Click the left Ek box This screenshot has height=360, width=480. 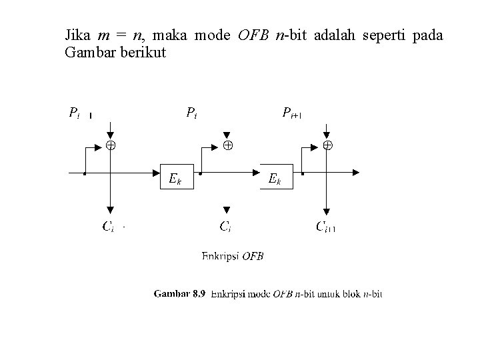(x=176, y=176)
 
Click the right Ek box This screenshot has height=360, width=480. (x=275, y=176)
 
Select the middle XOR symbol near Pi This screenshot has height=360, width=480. (x=227, y=145)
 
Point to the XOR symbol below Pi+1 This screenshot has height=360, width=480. (x=328, y=145)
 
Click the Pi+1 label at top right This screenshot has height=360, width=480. (x=292, y=112)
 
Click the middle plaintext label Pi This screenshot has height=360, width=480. (x=191, y=112)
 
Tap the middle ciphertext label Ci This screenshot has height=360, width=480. (x=225, y=227)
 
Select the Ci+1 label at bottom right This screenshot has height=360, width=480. (x=325, y=227)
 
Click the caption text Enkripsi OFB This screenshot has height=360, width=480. (x=232, y=255)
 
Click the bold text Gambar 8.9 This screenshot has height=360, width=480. (x=181, y=293)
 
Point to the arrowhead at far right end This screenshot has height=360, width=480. (x=356, y=172)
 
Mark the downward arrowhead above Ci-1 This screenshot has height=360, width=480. (x=109, y=208)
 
